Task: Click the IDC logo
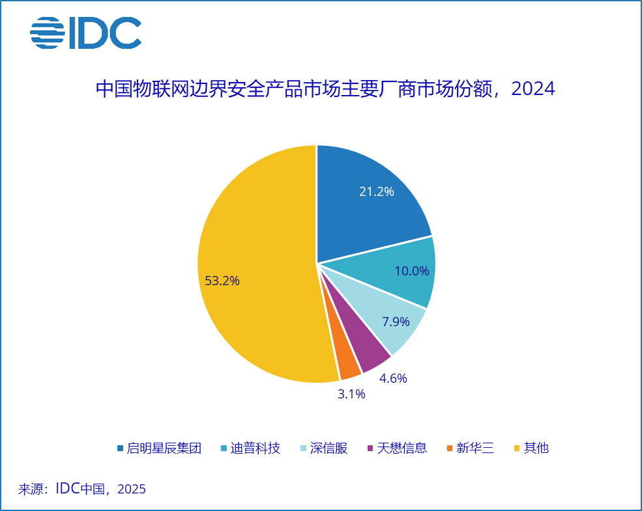pyautogui.click(x=85, y=32)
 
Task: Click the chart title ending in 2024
pyautogui.click(x=325, y=89)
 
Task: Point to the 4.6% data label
pyautogui.click(x=393, y=378)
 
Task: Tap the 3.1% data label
pyautogui.click(x=351, y=394)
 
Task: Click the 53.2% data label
pyautogui.click(x=222, y=281)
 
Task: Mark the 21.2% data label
pyautogui.click(x=377, y=192)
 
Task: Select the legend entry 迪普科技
pyautogui.click(x=255, y=448)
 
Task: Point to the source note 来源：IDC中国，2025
pyautogui.click(x=82, y=489)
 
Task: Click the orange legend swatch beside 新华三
pyautogui.click(x=449, y=448)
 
